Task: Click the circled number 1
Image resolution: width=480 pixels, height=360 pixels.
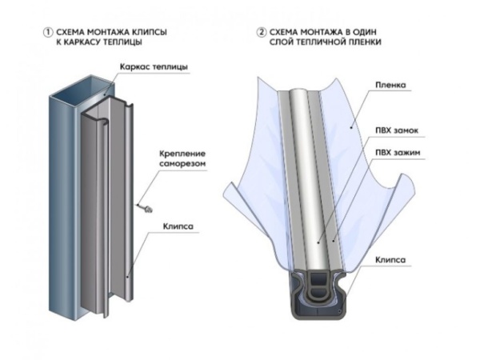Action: click(48, 33)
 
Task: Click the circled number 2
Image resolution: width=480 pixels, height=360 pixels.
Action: click(261, 33)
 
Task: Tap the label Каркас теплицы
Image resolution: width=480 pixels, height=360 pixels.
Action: click(154, 67)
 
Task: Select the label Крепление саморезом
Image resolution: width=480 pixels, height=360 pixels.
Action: click(182, 158)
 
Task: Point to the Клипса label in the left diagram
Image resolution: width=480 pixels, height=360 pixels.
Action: click(178, 226)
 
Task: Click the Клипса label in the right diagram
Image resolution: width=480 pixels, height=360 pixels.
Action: click(390, 260)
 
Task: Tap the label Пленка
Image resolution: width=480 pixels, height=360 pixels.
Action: click(390, 85)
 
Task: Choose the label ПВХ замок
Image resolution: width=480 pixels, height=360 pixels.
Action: click(397, 130)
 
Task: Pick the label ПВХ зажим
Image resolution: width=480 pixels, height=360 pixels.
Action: click(398, 153)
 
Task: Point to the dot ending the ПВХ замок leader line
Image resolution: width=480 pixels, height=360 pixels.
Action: click(318, 242)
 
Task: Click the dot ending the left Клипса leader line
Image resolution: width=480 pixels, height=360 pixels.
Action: click(128, 277)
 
